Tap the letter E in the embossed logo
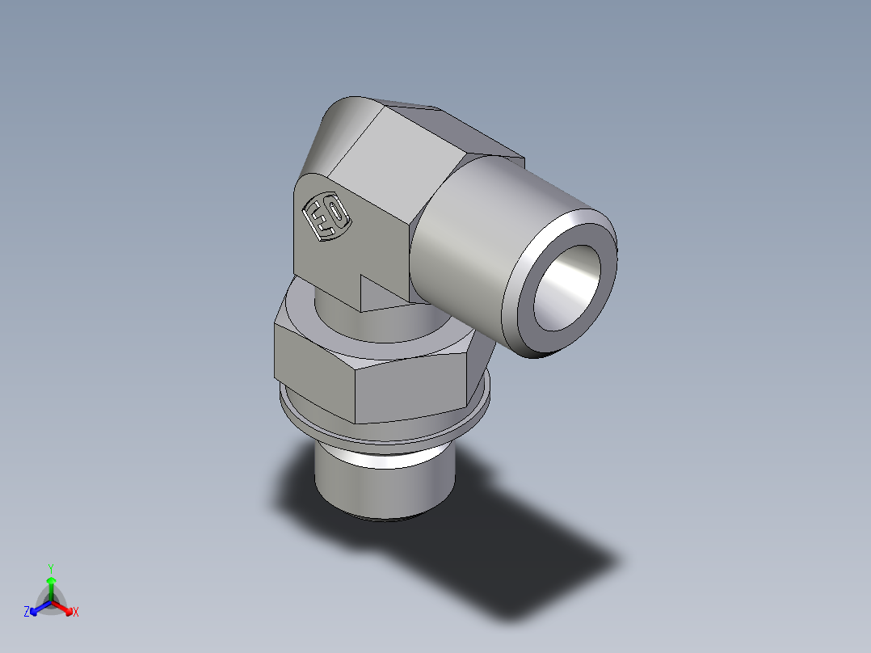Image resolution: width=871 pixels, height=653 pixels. (317, 220)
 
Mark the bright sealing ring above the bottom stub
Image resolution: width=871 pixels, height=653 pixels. (380, 461)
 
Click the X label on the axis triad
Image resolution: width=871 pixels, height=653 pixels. (76, 613)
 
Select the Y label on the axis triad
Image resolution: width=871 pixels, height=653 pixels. (51, 568)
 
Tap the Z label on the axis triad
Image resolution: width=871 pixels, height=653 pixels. (27, 613)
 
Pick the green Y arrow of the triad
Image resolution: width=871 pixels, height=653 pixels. (51, 585)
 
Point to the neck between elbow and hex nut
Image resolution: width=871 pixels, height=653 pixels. (339, 311)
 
